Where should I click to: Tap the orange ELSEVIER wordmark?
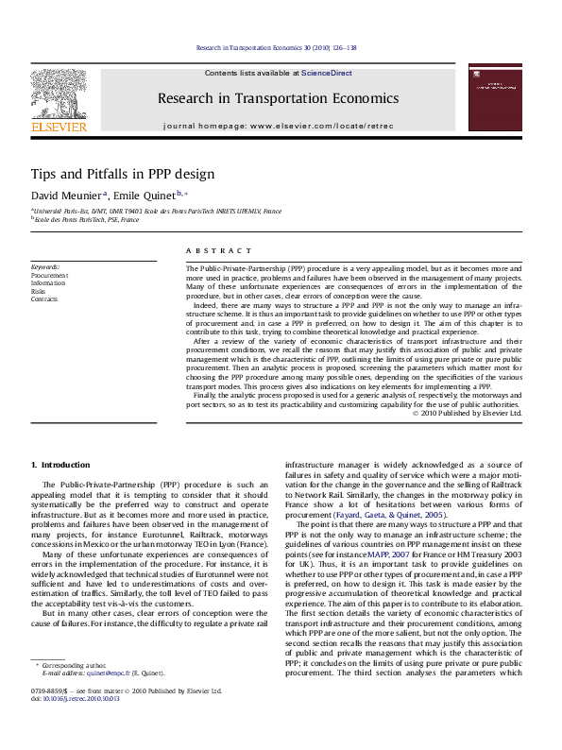[x=59, y=126]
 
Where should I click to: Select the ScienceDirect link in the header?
[x=327, y=72]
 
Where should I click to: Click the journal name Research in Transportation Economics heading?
[x=278, y=98]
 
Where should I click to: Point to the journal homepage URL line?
[x=278, y=126]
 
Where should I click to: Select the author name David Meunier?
[x=65, y=195]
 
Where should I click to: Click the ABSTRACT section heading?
[x=219, y=250]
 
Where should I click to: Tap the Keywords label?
[x=45, y=267]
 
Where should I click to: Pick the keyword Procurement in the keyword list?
[x=49, y=275]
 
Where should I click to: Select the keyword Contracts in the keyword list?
[x=44, y=298]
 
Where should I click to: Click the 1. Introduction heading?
[x=61, y=465]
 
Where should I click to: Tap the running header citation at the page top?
[x=276, y=48]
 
